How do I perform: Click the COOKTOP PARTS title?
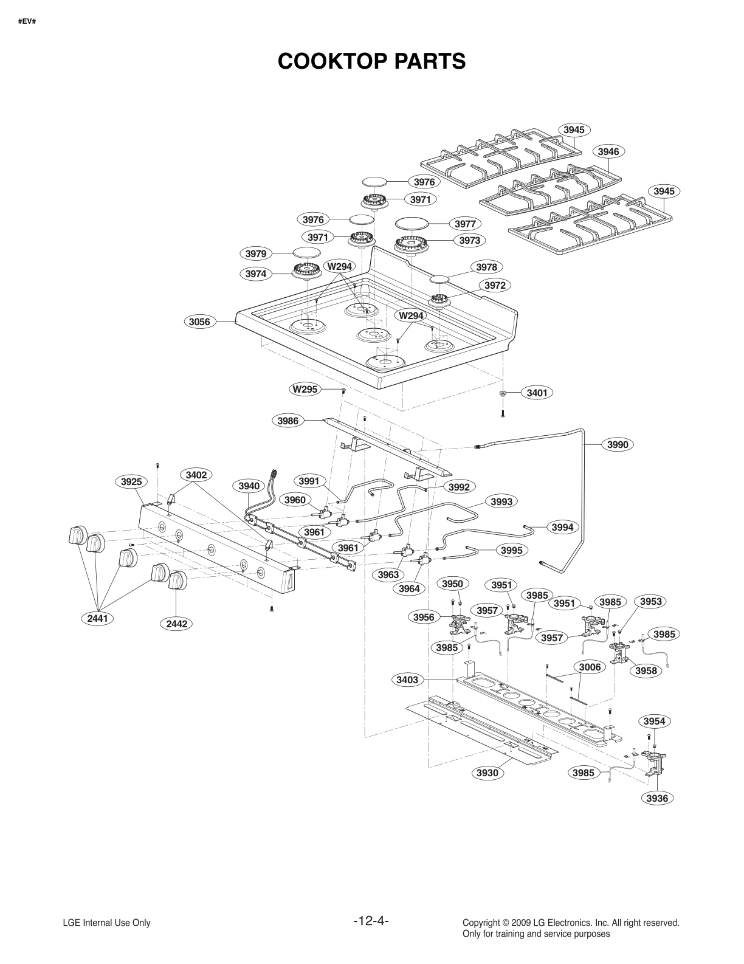tap(371, 61)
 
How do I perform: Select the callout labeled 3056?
tap(200, 322)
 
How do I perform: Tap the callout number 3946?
tap(608, 151)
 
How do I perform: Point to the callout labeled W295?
tap(305, 389)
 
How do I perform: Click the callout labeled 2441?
tap(97, 619)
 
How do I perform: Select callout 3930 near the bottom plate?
tap(487, 773)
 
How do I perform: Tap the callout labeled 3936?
tap(658, 798)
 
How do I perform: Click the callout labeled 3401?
tap(537, 393)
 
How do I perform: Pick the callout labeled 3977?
tap(465, 224)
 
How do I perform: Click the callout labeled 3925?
tap(131, 482)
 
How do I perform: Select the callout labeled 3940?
tap(249, 486)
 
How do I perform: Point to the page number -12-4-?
tap(371, 921)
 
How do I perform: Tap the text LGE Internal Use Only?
tap(106, 923)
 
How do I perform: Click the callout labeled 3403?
tap(407, 680)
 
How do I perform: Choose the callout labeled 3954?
tap(654, 721)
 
